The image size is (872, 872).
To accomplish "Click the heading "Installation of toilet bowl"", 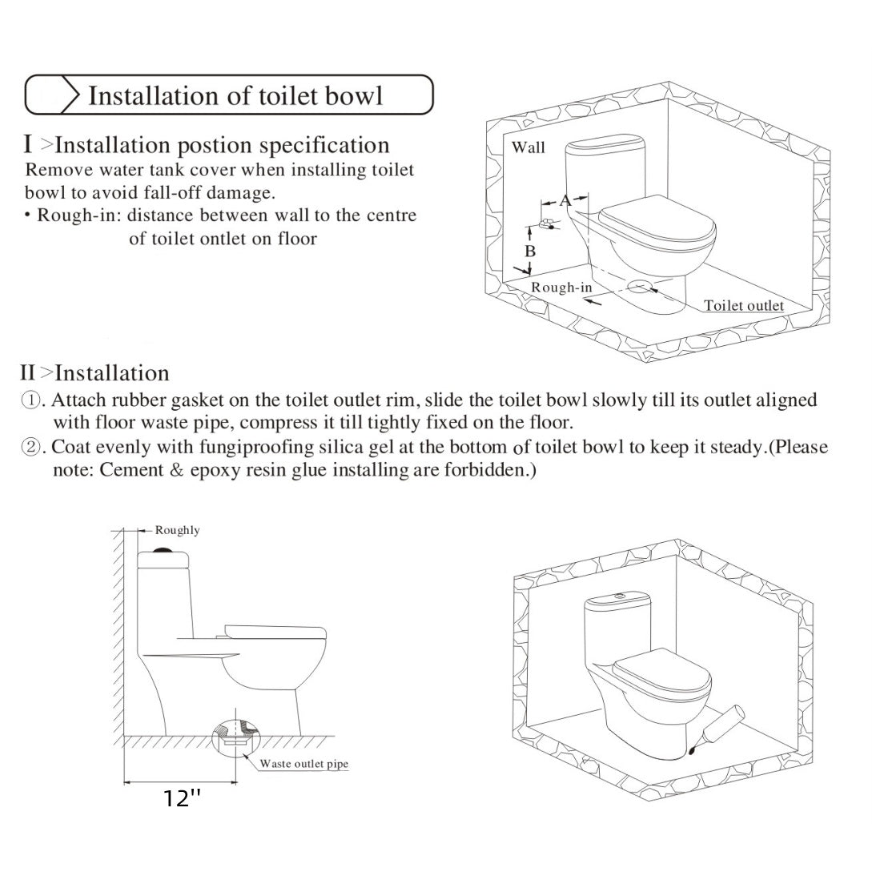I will click(x=235, y=95).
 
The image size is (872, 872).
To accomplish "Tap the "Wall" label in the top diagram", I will click(x=528, y=147).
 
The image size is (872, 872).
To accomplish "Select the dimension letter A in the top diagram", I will click(x=565, y=200).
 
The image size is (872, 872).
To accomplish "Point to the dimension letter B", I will click(x=530, y=251).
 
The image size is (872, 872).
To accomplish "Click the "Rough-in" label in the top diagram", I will click(x=562, y=287).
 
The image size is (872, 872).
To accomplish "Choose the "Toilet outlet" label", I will click(x=744, y=306).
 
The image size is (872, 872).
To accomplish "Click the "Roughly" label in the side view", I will click(x=178, y=530).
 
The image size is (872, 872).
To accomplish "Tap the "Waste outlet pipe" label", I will click(x=303, y=764).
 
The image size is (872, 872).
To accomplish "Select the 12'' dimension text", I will click(x=182, y=798).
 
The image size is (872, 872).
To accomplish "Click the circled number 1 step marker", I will click(x=30, y=400).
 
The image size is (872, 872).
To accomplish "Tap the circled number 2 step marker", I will click(x=30, y=448).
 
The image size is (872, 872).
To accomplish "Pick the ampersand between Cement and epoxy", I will click(x=175, y=470).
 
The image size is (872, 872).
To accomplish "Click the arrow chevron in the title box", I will click(x=70, y=95).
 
